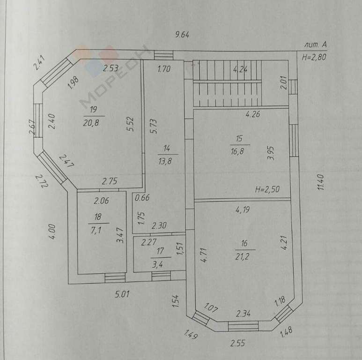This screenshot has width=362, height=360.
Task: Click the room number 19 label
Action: pyautogui.click(x=94, y=110)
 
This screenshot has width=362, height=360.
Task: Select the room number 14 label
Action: pyautogui.click(x=167, y=149)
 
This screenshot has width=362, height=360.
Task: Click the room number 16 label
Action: pyautogui.click(x=244, y=244)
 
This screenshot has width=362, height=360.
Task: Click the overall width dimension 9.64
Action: pyautogui.click(x=185, y=34)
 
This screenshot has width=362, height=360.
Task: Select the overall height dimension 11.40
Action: pyautogui.click(x=320, y=181)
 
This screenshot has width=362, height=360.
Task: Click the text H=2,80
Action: pyautogui.click(x=315, y=57)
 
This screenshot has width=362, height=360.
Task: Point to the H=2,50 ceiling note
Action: pyautogui.click(x=267, y=190)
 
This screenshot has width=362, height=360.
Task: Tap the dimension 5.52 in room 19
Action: pyautogui.click(x=133, y=123)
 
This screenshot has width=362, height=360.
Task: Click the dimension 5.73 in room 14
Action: pyautogui.click(x=153, y=126)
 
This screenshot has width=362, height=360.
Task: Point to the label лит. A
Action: pyautogui.click(x=315, y=45)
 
